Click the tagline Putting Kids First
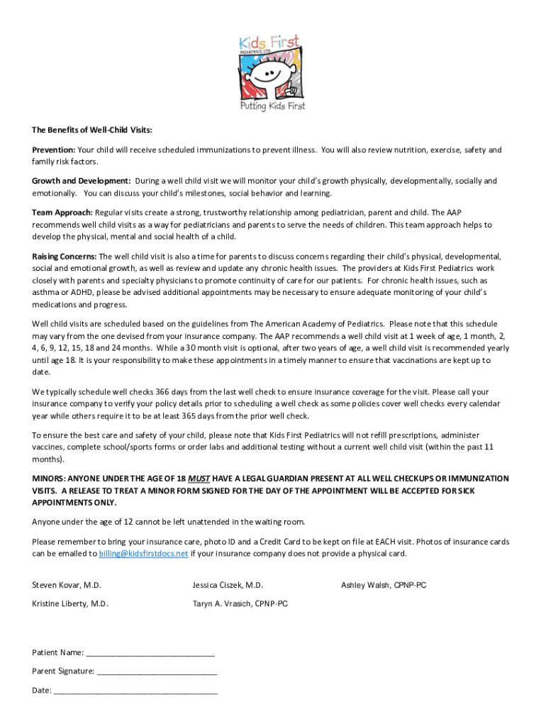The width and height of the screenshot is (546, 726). pos(272,106)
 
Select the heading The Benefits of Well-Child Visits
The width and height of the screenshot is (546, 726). pos(92,130)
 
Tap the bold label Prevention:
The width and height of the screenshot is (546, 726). pos(53,150)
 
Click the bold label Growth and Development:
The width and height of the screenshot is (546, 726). pos(81,181)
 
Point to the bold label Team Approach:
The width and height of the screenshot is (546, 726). pos(62,212)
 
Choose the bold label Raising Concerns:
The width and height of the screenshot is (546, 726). pos(65,256)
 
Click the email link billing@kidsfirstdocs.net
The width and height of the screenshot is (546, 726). pos(143,554)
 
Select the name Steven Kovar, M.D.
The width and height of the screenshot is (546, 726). pos(67,585)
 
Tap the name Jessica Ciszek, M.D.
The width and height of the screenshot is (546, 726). pos(228,585)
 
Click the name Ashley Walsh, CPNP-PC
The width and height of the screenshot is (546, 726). pos(384,585)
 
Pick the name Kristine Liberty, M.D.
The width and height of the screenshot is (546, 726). pos(70,604)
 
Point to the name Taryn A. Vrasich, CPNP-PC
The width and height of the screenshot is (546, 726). pos(240,604)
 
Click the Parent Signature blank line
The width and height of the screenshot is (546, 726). pos(157,671)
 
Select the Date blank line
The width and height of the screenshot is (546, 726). pos(135,691)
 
